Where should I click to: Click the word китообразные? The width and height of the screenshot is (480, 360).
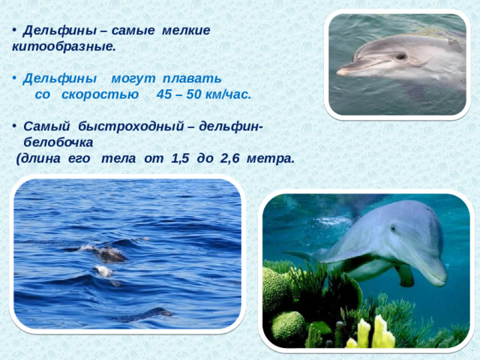[63, 46]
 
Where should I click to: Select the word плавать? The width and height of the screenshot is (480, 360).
[193, 79]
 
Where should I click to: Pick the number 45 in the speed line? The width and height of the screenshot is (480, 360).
[164, 95]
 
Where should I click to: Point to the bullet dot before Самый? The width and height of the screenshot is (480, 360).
[15, 127]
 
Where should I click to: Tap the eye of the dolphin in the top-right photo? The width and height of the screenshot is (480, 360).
[401, 56]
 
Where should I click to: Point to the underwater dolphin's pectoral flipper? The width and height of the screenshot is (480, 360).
[405, 275]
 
